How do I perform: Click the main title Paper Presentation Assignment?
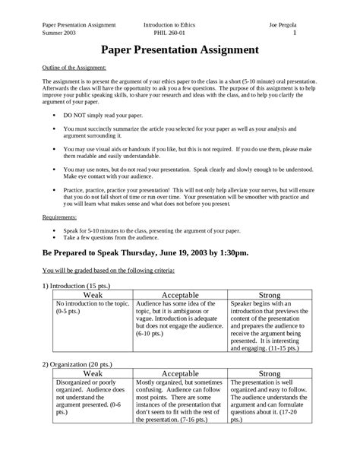click(x=180, y=50)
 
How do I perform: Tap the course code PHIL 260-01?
click(x=169, y=33)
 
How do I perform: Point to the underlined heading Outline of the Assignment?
click(x=74, y=68)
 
